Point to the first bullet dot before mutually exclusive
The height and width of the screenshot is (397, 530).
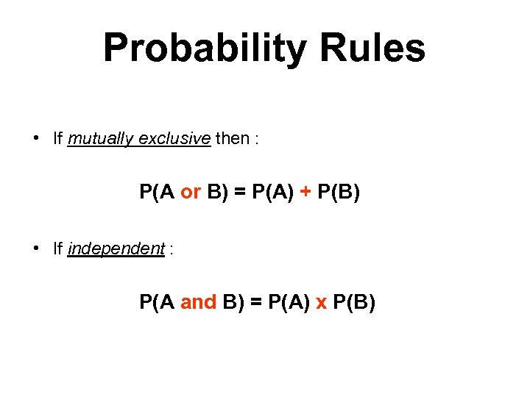click(x=36, y=138)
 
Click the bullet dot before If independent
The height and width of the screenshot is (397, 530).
click(x=36, y=248)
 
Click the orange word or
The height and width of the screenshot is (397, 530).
click(x=191, y=193)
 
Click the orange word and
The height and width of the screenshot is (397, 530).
click(x=199, y=302)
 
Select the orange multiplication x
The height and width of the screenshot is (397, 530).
click(x=321, y=302)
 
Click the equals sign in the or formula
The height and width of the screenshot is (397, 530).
click(x=238, y=193)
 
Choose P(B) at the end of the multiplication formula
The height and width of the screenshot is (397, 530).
click(x=354, y=302)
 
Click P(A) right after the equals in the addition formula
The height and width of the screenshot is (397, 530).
click(x=272, y=193)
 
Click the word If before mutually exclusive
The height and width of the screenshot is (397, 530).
click(x=58, y=138)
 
